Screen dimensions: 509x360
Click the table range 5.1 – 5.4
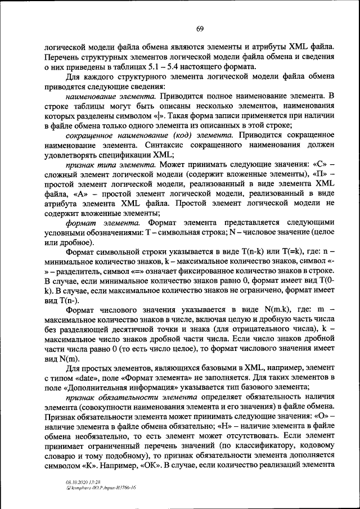(155, 66)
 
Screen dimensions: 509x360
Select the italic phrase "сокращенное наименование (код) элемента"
(150, 136)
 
